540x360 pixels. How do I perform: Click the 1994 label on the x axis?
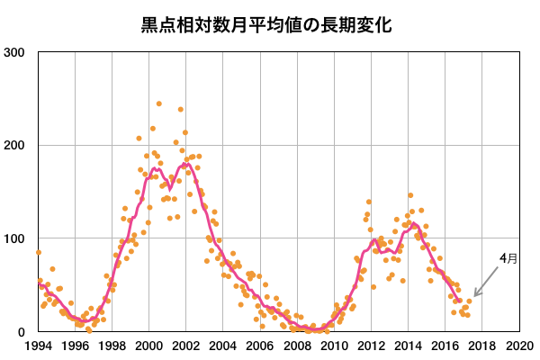(x=38, y=346)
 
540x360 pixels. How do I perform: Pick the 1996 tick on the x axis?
(x=75, y=346)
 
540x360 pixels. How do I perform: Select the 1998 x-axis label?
(x=112, y=346)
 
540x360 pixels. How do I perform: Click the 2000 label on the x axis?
(x=148, y=346)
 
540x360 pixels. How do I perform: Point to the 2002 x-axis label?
(x=185, y=346)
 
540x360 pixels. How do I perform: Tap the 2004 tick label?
(x=223, y=346)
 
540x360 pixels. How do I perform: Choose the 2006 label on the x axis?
(x=260, y=346)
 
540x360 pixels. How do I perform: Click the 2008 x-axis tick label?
(x=297, y=346)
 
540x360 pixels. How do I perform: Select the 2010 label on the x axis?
(x=334, y=346)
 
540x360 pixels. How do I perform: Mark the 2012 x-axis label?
(x=371, y=346)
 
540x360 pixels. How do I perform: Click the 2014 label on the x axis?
(x=408, y=346)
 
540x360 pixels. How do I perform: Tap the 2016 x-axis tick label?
(x=445, y=346)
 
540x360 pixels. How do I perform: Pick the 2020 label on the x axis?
(x=518, y=346)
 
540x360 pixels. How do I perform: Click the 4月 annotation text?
(x=508, y=258)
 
